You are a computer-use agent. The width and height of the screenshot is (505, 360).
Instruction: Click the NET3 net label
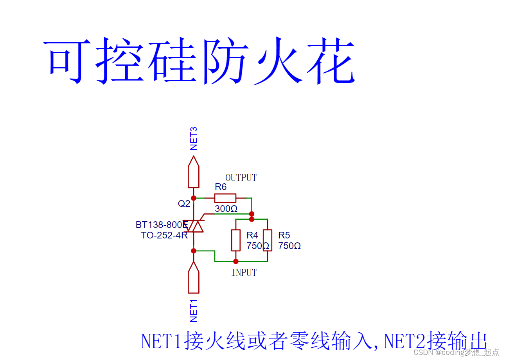click(x=193, y=139)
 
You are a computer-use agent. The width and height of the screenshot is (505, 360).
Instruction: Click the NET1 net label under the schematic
click(x=193, y=310)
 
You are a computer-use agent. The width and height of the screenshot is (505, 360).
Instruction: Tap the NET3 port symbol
click(x=193, y=172)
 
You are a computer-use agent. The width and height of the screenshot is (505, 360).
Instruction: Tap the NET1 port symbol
click(x=193, y=278)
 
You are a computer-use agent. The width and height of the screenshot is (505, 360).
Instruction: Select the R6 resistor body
click(x=225, y=198)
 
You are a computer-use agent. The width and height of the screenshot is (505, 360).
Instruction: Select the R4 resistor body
click(x=235, y=240)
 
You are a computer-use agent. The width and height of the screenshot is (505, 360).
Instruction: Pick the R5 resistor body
click(x=268, y=240)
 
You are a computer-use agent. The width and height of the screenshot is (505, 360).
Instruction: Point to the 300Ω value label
click(x=226, y=209)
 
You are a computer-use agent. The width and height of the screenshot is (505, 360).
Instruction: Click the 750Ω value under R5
click(x=289, y=246)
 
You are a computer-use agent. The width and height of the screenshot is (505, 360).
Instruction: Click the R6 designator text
click(x=221, y=187)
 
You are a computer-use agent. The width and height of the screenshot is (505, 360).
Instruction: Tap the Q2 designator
click(x=184, y=204)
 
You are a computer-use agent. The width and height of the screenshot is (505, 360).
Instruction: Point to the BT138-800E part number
click(x=162, y=225)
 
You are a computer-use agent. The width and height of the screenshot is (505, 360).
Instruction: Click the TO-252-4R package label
click(x=164, y=235)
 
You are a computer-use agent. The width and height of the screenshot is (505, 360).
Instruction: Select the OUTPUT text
click(x=241, y=178)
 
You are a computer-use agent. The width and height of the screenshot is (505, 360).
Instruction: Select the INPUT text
click(x=244, y=273)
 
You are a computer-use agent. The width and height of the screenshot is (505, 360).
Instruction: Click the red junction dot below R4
click(x=235, y=261)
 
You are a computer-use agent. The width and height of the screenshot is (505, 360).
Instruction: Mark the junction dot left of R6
click(x=193, y=198)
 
